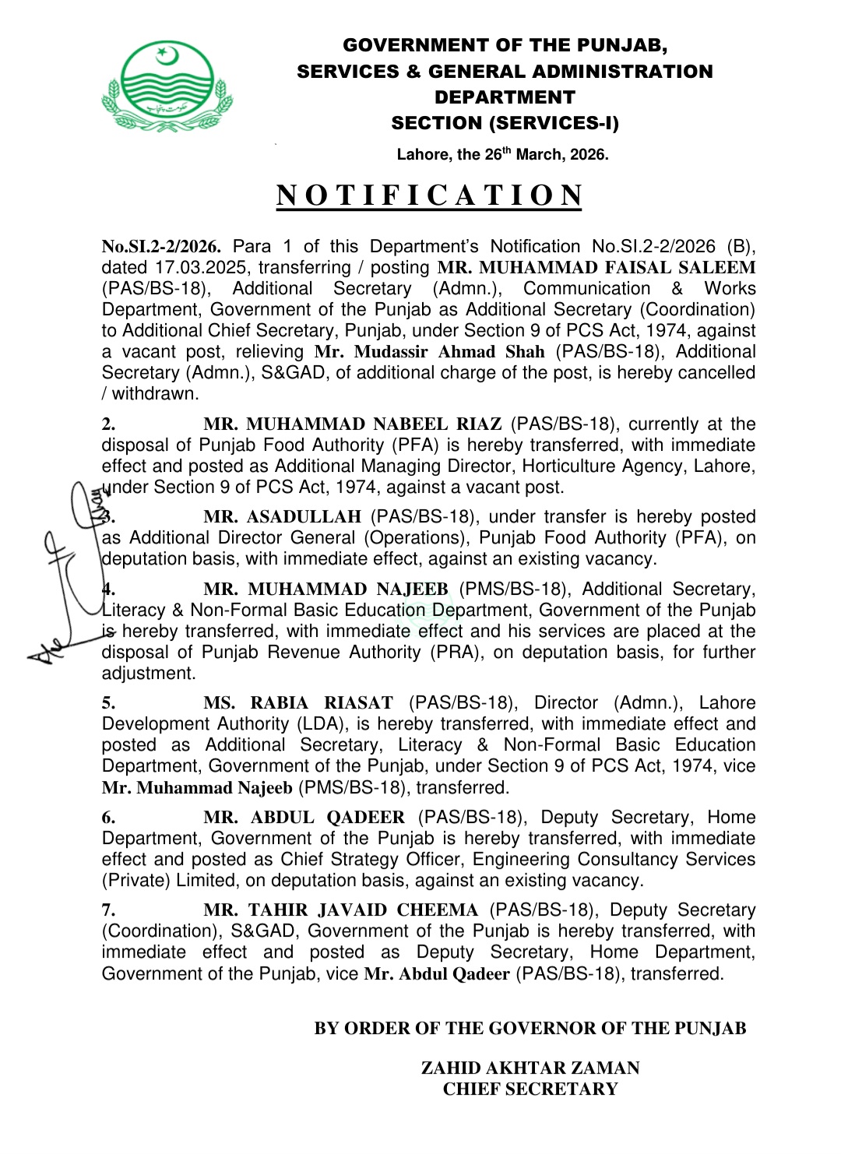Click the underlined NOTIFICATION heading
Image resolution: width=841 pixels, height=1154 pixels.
click(x=429, y=195)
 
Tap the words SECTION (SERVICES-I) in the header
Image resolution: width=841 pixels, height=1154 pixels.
click(x=505, y=123)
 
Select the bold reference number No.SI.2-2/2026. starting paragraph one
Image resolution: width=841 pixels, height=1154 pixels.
click(x=161, y=247)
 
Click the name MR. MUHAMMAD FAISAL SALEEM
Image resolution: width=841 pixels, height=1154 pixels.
click(x=596, y=267)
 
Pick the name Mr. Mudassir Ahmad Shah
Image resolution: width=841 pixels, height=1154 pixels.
click(x=429, y=352)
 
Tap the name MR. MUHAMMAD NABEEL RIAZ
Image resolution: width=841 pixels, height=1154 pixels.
click(x=352, y=424)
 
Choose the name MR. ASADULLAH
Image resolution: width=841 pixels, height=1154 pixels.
click(x=282, y=517)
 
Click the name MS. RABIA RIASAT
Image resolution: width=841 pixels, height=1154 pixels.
click(x=298, y=703)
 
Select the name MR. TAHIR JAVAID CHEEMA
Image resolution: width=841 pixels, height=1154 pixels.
click(x=340, y=910)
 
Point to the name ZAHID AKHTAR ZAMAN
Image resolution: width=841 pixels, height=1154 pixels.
click(x=530, y=1068)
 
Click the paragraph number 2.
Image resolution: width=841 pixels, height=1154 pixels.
click(x=108, y=424)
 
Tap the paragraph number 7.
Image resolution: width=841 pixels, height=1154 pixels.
click(x=108, y=910)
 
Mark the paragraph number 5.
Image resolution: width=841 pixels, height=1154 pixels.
click(x=108, y=703)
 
